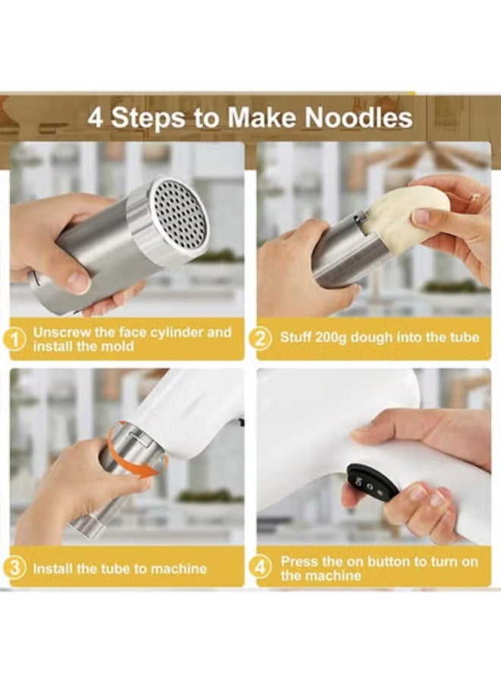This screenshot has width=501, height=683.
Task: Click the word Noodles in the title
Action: (x=359, y=118)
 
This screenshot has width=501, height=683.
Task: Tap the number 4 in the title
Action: (x=95, y=118)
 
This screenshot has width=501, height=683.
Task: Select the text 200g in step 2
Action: (x=333, y=337)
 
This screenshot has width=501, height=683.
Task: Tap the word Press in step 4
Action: (x=298, y=562)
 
